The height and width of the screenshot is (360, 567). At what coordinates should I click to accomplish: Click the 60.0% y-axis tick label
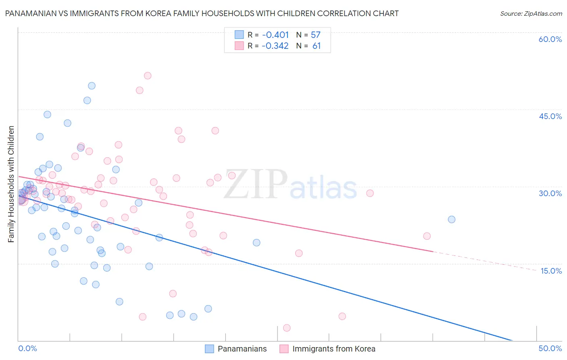550,39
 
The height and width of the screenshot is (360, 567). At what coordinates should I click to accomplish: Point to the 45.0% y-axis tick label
550,116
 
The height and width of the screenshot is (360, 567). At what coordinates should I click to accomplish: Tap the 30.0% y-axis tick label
550,193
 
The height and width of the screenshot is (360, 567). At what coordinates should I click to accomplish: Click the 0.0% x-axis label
27,348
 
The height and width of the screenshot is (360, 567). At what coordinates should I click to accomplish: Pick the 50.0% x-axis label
550,348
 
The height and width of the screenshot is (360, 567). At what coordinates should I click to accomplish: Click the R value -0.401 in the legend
275,35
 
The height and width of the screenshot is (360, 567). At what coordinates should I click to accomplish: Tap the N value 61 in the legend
317,46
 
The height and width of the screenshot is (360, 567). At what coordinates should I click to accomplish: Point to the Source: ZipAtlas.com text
531,13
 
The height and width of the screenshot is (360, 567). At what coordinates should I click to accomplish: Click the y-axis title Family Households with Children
11,184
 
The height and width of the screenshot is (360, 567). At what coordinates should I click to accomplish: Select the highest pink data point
148,75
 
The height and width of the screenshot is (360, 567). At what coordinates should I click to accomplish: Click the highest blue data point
92,86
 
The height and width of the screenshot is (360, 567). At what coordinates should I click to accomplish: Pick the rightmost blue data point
452,219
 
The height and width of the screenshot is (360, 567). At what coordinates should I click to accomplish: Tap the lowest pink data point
287,328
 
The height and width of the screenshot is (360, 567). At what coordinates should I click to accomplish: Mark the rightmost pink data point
427,236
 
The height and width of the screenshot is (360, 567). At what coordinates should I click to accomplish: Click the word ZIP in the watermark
256,184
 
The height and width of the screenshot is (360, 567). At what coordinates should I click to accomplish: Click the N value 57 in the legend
315,35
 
